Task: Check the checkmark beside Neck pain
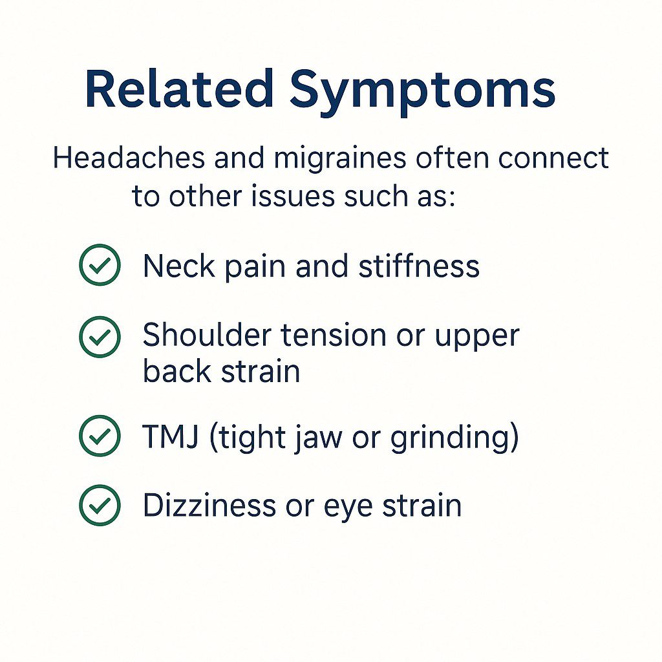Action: pos(100,266)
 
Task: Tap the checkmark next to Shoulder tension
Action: pos(100,336)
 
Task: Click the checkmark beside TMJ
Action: pos(100,436)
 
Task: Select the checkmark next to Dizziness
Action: pos(100,506)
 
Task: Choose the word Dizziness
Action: pos(208,506)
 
